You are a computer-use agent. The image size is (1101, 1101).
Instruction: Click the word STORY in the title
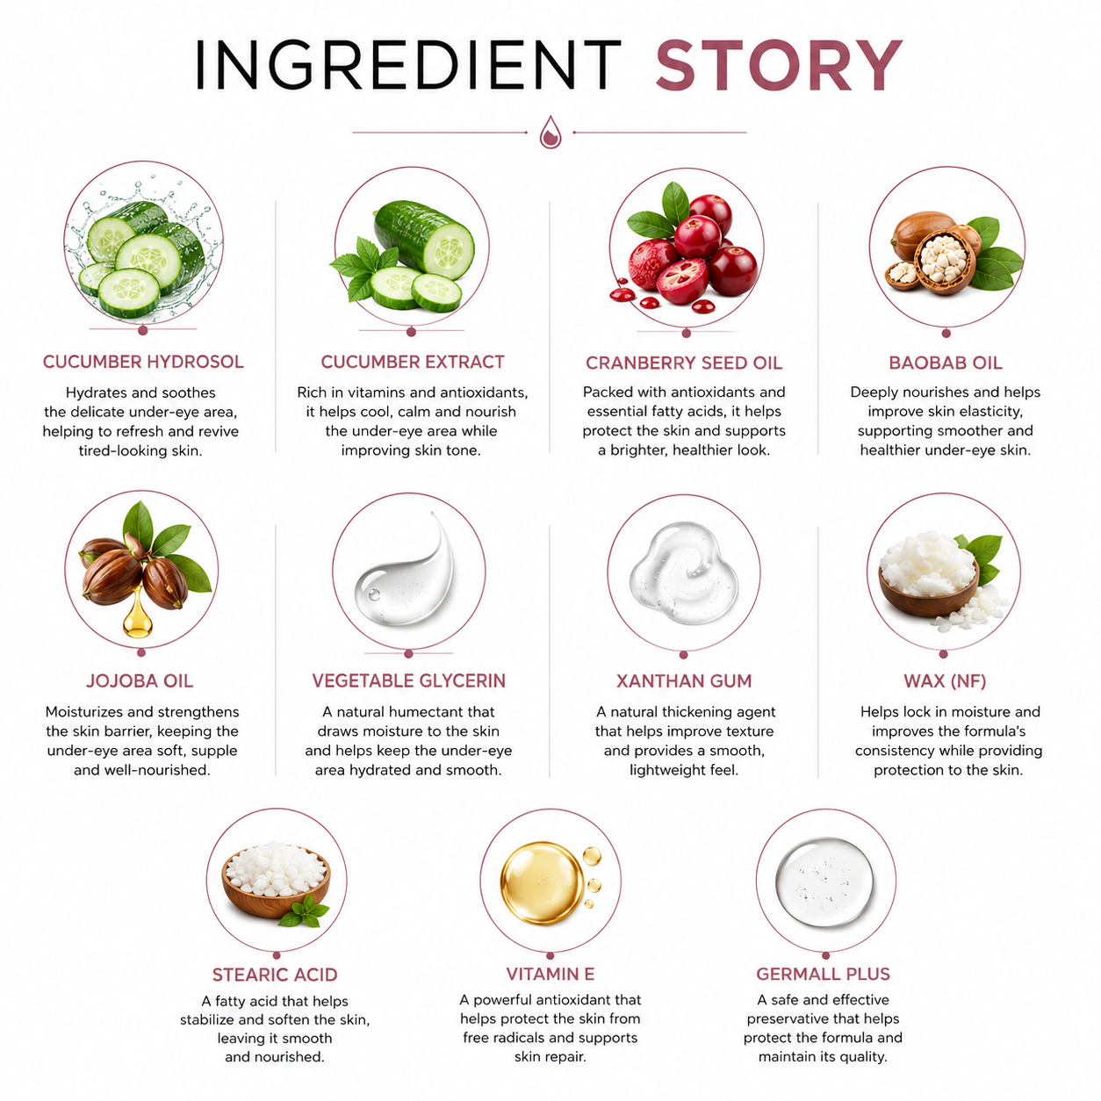(778, 65)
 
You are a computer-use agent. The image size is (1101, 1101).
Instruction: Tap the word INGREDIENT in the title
(408, 65)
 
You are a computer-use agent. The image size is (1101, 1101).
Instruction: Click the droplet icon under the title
(550, 132)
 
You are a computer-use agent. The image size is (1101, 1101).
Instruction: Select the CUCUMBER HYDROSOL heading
(143, 362)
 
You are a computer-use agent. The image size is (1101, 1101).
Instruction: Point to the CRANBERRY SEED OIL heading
(683, 363)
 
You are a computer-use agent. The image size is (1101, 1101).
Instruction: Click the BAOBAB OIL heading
(945, 363)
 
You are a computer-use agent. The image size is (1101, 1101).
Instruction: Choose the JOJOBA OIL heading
(140, 681)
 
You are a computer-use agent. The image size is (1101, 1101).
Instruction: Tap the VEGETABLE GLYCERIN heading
(408, 681)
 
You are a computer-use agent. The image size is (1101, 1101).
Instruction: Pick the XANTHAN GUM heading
(684, 681)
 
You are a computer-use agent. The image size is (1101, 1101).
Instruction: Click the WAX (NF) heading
(945, 681)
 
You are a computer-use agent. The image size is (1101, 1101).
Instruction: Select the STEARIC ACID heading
(275, 975)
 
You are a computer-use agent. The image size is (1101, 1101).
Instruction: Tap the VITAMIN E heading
(550, 974)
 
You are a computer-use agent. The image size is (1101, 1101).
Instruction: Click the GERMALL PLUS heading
(823, 974)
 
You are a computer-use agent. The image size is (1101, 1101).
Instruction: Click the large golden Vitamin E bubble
(541, 883)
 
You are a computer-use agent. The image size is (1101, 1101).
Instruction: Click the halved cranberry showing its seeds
(682, 281)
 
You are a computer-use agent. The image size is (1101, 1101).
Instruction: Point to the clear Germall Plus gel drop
(824, 882)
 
